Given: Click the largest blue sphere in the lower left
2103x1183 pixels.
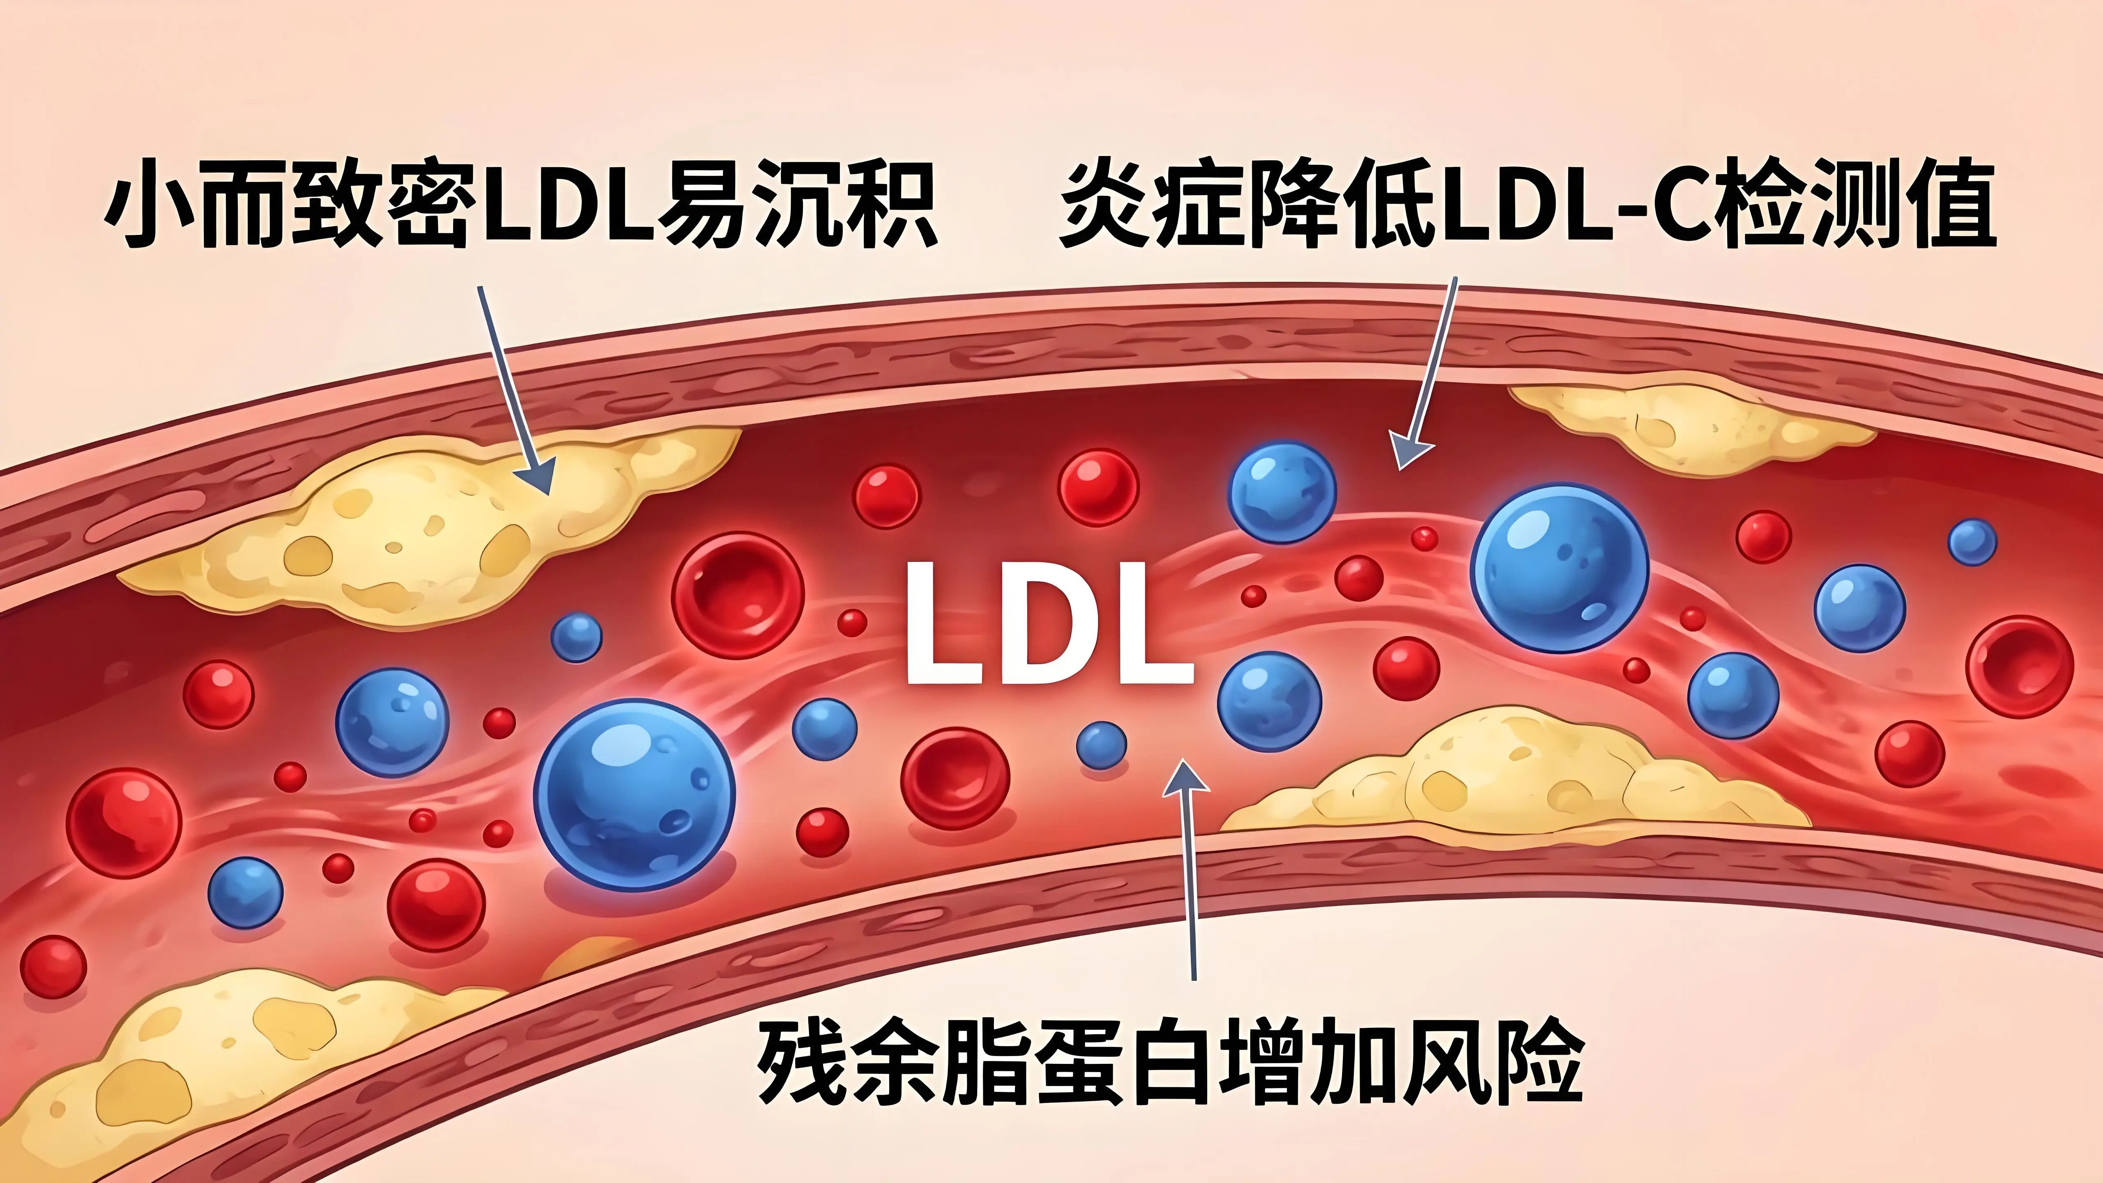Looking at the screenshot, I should [634, 794].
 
